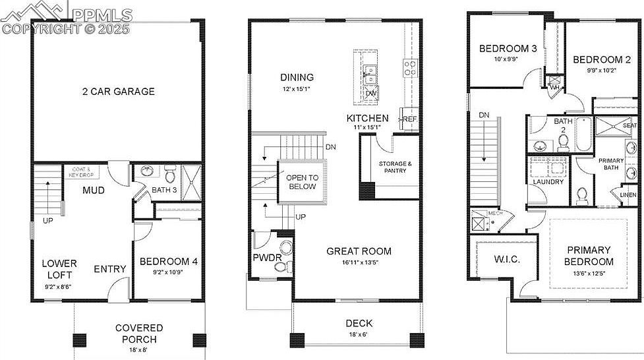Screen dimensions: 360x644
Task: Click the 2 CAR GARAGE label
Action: point(119,91)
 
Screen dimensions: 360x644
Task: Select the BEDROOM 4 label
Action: point(168,262)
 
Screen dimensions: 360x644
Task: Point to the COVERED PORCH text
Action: point(139,334)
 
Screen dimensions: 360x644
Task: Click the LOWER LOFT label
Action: point(59,268)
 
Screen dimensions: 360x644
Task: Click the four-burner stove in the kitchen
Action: point(410,67)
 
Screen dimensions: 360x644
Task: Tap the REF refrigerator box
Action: point(409,119)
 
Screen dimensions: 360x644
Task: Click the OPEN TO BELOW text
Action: point(302,182)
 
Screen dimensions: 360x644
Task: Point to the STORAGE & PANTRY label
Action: point(395,167)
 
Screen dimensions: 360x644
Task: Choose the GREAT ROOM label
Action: point(359,251)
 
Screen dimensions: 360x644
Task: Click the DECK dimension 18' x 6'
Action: point(359,335)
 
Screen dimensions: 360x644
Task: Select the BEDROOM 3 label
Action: point(508,48)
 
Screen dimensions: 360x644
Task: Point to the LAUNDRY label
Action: point(548,182)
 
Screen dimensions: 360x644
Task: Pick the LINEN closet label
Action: point(628,195)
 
